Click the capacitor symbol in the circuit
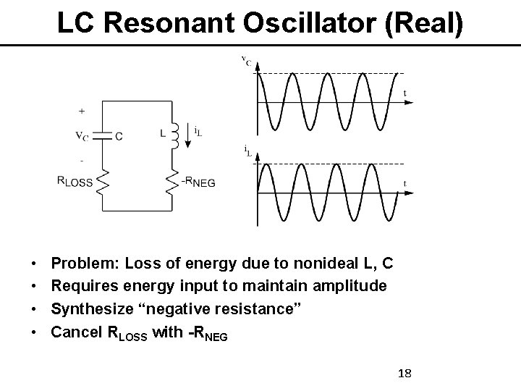click(105, 135)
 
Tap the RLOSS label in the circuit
click(75, 182)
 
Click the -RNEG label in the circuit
click(199, 182)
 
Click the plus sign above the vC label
click(81, 111)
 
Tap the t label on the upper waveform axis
click(404, 93)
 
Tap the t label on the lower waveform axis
click(404, 182)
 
